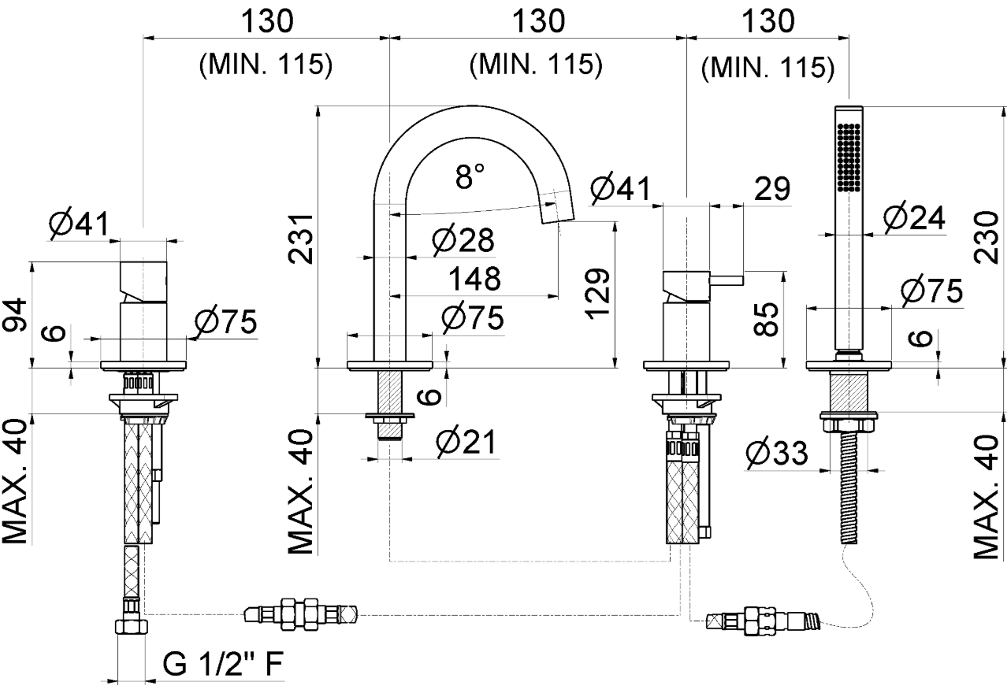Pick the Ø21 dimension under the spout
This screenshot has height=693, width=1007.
coord(466,445)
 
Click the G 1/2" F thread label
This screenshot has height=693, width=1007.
coord(223,666)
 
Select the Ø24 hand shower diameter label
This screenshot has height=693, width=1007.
coord(914,218)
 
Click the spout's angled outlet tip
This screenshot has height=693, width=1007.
coord(559,207)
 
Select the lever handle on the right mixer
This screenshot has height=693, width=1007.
coord(726,278)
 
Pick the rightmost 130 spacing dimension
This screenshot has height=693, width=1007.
coord(768,22)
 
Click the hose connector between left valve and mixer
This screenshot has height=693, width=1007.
coord(300,612)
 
